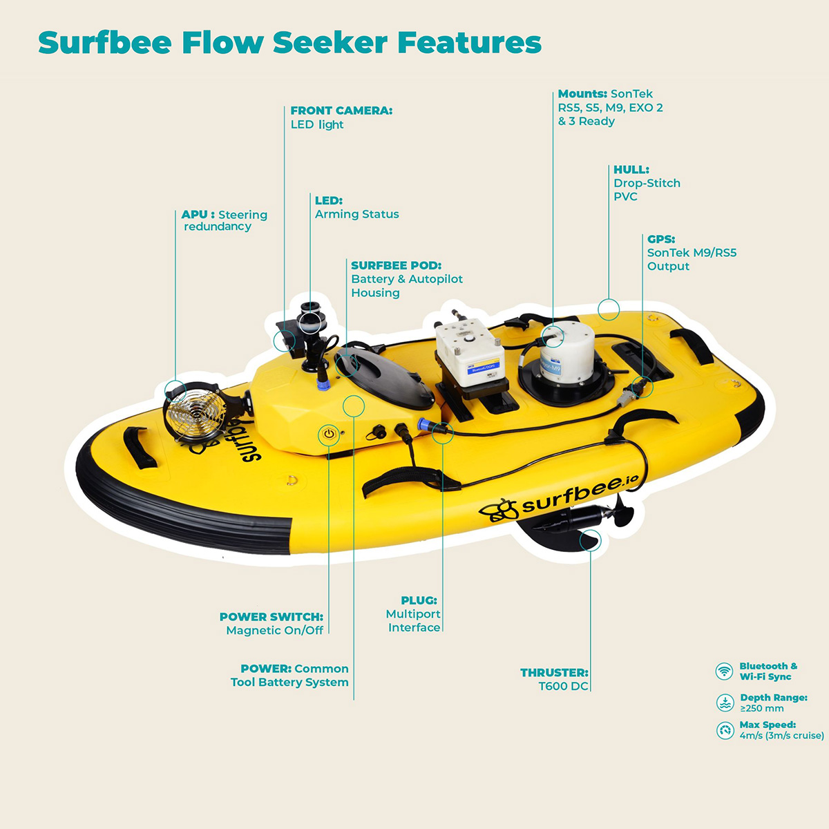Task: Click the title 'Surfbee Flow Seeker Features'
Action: click(x=289, y=43)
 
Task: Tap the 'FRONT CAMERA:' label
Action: click(x=341, y=111)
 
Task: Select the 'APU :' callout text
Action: click(x=198, y=215)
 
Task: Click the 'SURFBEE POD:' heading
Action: click(x=396, y=265)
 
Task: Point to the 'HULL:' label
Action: click(x=631, y=169)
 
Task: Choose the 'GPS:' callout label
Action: click(x=660, y=239)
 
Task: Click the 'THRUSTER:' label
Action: click(x=554, y=672)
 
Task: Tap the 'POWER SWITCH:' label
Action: click(x=271, y=617)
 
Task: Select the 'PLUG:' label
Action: click(x=419, y=600)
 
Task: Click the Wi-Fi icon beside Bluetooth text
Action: click(x=724, y=671)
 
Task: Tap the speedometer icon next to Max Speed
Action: click(x=725, y=730)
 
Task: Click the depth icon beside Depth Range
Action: click(x=725, y=703)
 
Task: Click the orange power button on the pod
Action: click(x=329, y=435)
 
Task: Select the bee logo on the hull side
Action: click(x=499, y=510)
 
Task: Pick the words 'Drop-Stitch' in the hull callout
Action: click(x=647, y=183)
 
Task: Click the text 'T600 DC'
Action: click(x=563, y=686)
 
